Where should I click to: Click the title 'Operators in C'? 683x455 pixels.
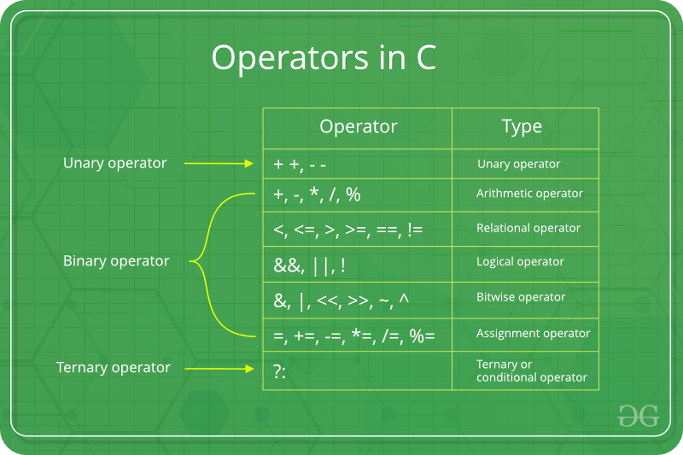324,57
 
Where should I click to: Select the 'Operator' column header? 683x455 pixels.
358,127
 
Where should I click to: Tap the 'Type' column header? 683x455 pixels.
522,127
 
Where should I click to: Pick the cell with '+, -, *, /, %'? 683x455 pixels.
317,195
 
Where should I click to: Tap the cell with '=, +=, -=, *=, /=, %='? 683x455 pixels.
354,335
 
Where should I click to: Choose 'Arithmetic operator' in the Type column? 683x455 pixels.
529,194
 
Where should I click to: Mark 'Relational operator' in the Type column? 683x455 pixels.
528,228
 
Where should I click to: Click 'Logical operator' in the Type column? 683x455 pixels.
520,262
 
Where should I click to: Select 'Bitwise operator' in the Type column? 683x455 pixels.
521,297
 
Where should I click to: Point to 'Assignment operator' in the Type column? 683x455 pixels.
533,333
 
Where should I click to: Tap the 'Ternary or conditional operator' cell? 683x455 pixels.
531,370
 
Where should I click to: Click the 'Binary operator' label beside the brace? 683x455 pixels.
116,261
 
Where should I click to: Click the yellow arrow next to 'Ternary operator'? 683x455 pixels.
219,369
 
